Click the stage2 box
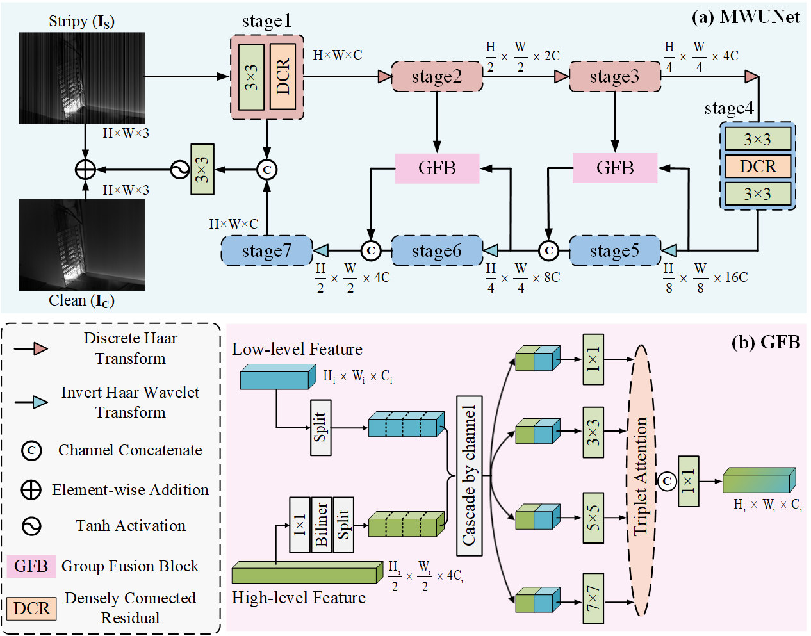pyautogui.click(x=437, y=77)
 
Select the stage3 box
pyautogui.click(x=615, y=77)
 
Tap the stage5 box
pyautogui.click(x=615, y=251)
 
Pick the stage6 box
pyautogui.click(x=437, y=251)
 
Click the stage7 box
pyautogui.click(x=266, y=251)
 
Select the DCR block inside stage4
pyautogui.click(x=758, y=167)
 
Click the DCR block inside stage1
pyautogui.click(x=283, y=77)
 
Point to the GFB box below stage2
pyautogui.click(x=437, y=168)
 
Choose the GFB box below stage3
pyautogui.click(x=615, y=168)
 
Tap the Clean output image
pyautogui.click(x=82, y=245)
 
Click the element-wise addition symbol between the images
pyautogui.click(x=85, y=170)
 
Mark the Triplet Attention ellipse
pyautogui.click(x=641, y=480)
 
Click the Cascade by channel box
pyautogui.click(x=469, y=475)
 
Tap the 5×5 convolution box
pyautogui.click(x=593, y=518)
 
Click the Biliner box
pyautogui.click(x=322, y=525)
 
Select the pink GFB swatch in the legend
pyautogui.click(x=31, y=566)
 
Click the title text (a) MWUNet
pyautogui.click(x=746, y=17)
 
